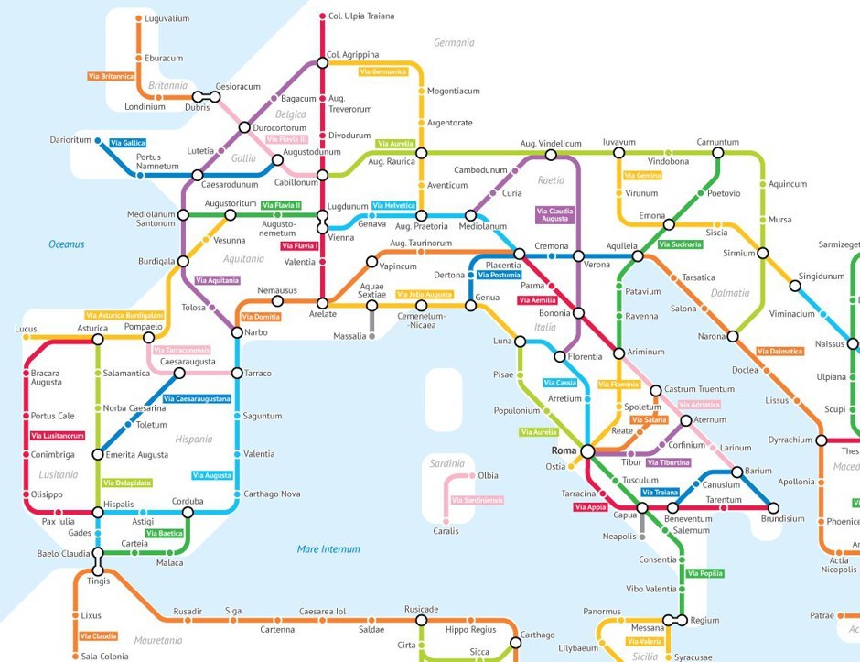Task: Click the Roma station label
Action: (564, 451)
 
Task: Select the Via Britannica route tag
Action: (112, 76)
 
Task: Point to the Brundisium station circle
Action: (773, 507)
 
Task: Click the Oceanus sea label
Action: (67, 244)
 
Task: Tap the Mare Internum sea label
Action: (328, 549)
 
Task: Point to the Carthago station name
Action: (538, 635)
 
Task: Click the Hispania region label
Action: (194, 439)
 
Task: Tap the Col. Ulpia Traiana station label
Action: (362, 16)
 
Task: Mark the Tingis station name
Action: (98, 581)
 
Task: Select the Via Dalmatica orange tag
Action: (779, 352)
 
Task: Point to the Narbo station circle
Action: (237, 332)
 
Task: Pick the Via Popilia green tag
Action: (704, 574)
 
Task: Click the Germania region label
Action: (454, 42)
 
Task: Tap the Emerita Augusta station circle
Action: (98, 454)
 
